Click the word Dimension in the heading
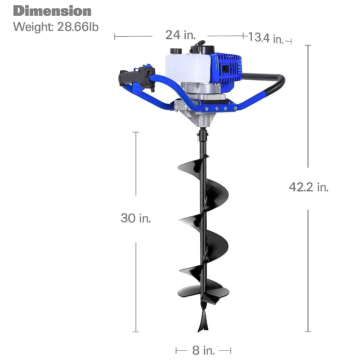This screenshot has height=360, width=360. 52,11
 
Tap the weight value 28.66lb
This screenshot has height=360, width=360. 78,27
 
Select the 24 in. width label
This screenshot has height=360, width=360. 180,35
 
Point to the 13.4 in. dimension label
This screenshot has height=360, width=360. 266,38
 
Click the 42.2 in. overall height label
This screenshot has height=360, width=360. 309,187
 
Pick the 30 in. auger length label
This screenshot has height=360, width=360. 136,218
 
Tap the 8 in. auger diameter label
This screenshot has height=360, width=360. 203,350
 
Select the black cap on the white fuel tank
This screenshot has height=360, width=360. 175,51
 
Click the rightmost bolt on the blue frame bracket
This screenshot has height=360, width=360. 236,108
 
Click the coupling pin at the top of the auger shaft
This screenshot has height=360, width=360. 202,135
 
